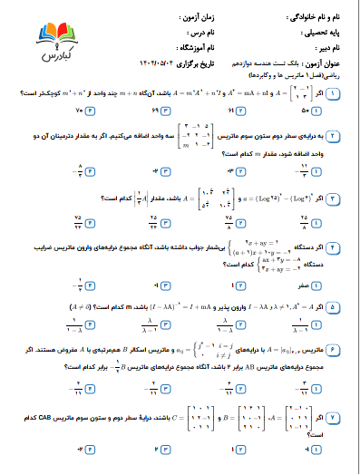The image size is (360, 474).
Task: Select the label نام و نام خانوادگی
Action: tap(323, 17)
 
